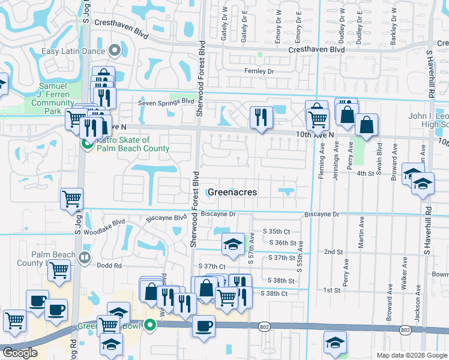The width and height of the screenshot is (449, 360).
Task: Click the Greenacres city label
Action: click(x=232, y=192)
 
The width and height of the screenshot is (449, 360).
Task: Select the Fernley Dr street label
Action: click(x=259, y=71)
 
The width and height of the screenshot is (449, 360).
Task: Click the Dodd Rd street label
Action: click(x=109, y=265)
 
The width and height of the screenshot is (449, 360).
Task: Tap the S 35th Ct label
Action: click(x=276, y=232)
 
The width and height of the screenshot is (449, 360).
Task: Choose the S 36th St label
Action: click(x=283, y=243)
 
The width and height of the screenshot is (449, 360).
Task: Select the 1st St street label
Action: click(x=332, y=290)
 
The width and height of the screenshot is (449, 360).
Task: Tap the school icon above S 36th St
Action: click(x=232, y=244)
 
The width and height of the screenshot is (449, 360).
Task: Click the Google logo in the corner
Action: click(x=20, y=353)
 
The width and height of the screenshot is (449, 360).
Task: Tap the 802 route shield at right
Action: click(x=406, y=330)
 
